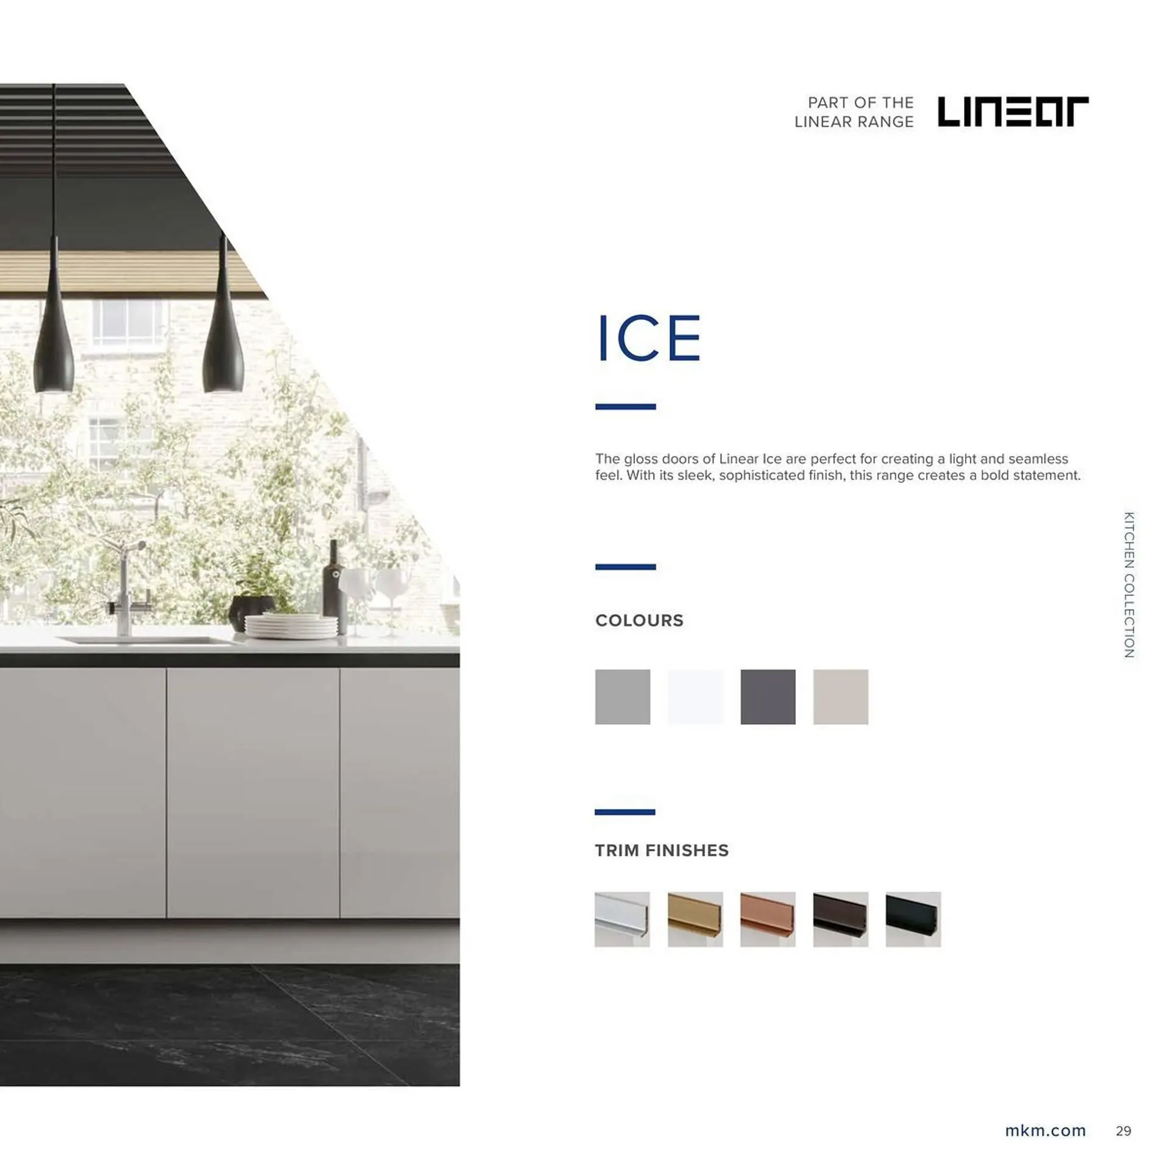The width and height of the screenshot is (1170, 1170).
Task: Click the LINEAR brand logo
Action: point(1012,111)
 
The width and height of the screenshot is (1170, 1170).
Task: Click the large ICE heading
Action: point(648,338)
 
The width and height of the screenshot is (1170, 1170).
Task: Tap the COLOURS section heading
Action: point(639,620)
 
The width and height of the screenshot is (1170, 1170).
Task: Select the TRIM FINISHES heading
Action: point(662,850)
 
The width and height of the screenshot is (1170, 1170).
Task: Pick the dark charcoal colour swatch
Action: point(768,697)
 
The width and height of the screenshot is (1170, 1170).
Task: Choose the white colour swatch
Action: point(695,697)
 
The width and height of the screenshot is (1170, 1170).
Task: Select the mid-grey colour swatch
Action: point(623,697)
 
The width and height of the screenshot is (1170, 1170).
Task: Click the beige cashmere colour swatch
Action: point(840,697)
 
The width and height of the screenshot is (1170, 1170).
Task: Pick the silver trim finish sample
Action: point(622,919)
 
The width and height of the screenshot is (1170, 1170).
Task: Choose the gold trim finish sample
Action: point(695,919)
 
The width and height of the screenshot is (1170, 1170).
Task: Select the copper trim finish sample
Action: point(768,919)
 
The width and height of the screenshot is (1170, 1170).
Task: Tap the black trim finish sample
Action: point(913,919)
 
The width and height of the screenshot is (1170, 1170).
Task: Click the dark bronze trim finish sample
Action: point(840,919)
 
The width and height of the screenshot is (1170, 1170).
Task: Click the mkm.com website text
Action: point(1045,1130)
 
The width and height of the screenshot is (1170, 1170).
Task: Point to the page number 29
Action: point(1124,1131)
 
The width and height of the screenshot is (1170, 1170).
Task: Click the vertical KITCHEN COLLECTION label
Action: point(1129,584)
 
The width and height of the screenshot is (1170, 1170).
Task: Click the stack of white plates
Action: point(291,626)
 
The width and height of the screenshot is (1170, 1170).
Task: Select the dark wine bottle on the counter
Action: point(334,587)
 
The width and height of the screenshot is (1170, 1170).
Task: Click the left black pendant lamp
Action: point(54,317)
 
